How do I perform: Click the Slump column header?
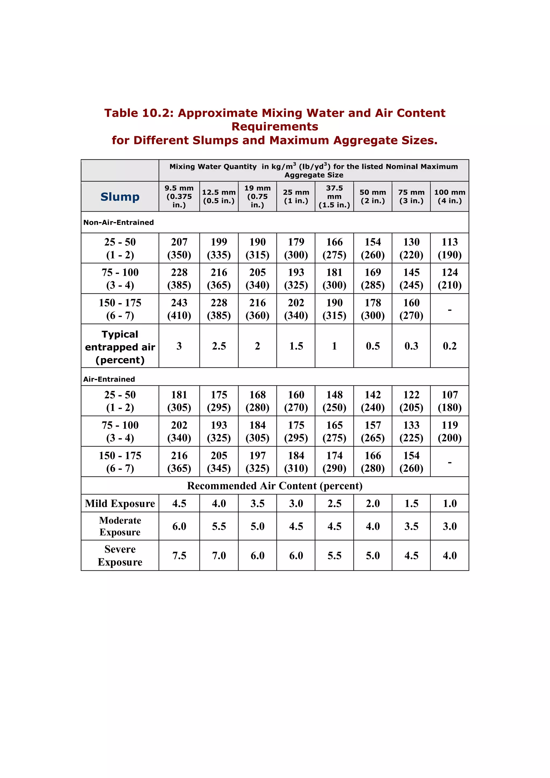[x=120, y=197]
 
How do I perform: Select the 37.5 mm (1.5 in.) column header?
[x=334, y=197]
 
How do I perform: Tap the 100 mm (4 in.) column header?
[x=449, y=197]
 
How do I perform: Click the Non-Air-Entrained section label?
[x=119, y=222]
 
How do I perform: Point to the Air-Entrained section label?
[x=109, y=379]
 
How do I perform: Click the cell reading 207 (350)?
[x=179, y=248]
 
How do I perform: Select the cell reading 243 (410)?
[x=179, y=309]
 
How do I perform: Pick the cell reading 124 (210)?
[x=449, y=278]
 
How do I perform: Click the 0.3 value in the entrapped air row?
[x=411, y=346]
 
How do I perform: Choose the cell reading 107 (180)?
[x=449, y=401]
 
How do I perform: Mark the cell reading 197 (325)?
[x=257, y=462]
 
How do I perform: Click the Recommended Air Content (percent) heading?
[x=274, y=486]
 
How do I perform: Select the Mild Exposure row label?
[x=120, y=503]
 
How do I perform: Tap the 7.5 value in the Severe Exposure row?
[x=179, y=555]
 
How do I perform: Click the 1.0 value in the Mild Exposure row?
[x=449, y=503]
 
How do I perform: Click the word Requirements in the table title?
[x=274, y=126]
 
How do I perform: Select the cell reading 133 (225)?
[x=411, y=431]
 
